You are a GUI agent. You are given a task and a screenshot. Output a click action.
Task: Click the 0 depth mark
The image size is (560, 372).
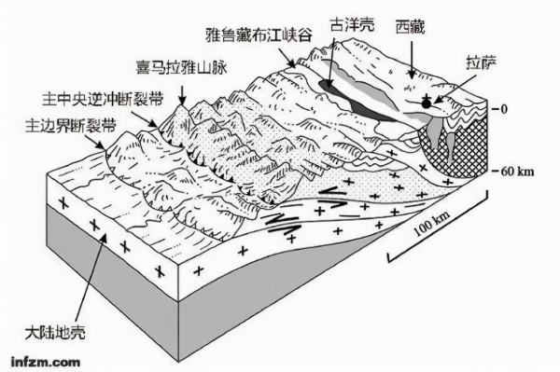pos(503,109)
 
